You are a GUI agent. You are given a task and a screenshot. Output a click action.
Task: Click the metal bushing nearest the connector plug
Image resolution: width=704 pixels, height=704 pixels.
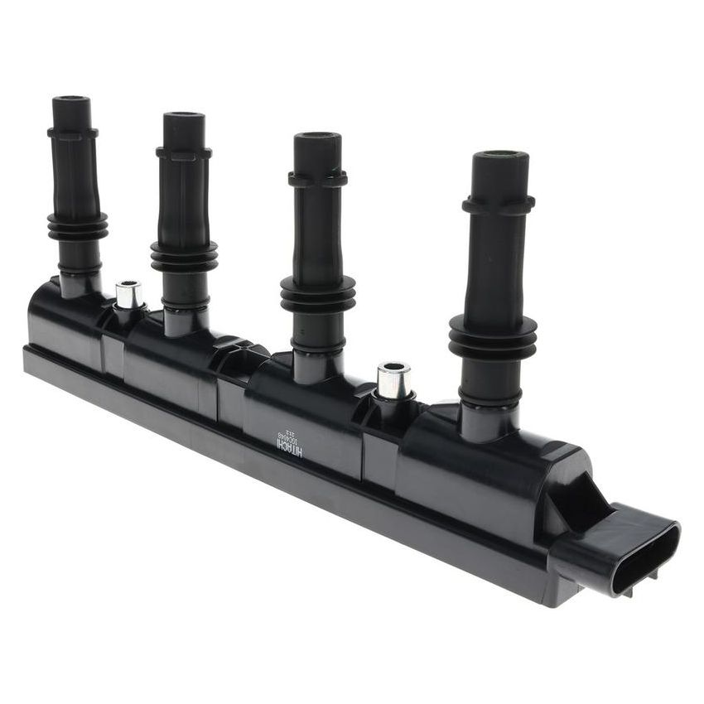[x=393, y=380]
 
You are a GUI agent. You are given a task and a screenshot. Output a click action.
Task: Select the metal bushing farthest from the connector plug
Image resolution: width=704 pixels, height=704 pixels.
[x=128, y=294]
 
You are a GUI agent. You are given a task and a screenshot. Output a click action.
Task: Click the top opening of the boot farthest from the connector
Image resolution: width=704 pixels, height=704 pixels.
[x=71, y=100]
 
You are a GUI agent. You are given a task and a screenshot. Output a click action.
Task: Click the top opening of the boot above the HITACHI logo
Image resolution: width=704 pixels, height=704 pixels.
[x=317, y=137]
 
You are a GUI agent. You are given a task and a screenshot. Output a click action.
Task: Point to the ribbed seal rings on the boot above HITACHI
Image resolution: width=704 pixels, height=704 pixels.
[x=317, y=294]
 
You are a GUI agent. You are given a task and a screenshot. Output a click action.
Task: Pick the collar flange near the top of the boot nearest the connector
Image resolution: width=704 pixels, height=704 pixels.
[x=499, y=205]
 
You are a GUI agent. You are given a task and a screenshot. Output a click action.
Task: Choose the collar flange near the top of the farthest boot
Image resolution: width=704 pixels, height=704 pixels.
[x=72, y=131]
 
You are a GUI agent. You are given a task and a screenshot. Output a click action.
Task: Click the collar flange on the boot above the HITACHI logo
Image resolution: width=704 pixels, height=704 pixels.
[x=317, y=178]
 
